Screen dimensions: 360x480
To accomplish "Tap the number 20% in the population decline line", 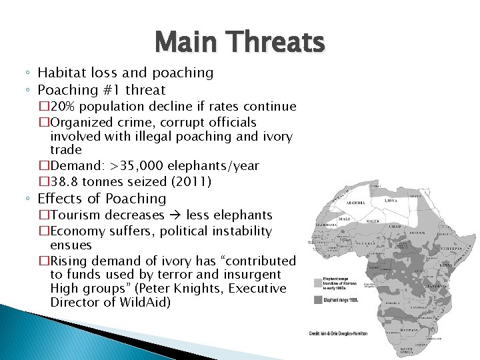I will pos(64,107).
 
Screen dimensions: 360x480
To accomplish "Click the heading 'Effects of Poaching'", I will pos(102,199).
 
